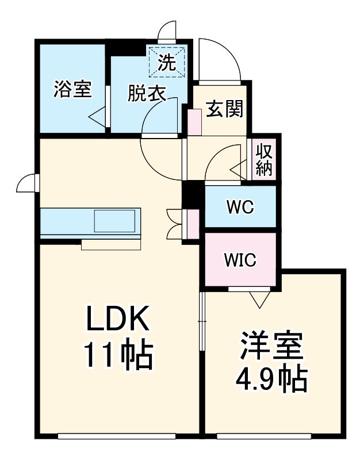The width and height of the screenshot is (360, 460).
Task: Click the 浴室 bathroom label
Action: (72, 90)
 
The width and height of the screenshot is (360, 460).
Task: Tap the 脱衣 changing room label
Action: (146, 93)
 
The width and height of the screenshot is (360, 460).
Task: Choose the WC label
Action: (240, 207)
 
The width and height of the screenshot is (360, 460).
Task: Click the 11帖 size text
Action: (119, 355)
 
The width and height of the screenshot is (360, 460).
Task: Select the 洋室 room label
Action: (271, 347)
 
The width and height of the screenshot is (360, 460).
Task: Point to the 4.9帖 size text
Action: (270, 378)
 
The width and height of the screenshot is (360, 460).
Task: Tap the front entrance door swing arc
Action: (219, 57)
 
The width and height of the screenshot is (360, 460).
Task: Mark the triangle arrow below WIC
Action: (260, 298)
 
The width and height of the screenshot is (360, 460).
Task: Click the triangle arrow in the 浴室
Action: (97, 116)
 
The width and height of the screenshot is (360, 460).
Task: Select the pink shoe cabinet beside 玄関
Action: (193, 121)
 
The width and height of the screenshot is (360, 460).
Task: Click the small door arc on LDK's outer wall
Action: (26, 183)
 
